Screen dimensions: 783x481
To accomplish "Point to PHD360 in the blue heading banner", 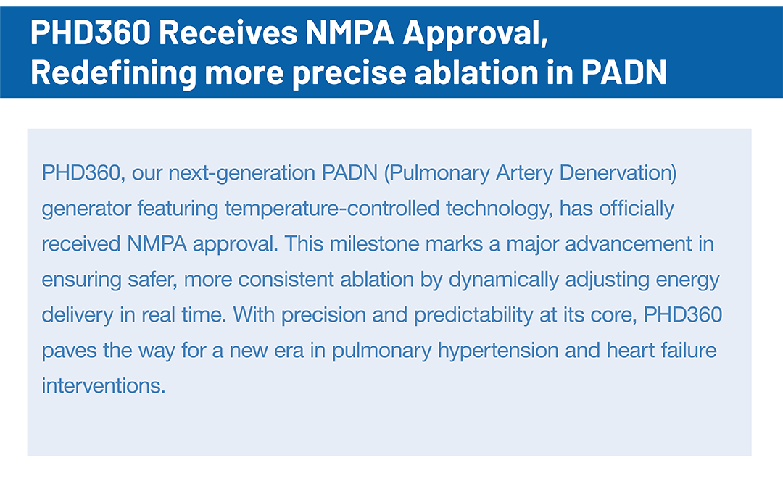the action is pos(91,32).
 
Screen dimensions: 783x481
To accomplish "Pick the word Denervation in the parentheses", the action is pos(618,172).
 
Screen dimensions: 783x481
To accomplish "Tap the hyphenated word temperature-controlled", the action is pos(332,209).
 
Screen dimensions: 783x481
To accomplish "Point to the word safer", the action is pos(152,280).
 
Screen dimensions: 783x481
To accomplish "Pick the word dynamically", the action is pos(503,280).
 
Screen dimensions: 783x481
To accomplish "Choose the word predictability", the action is pos(473,315).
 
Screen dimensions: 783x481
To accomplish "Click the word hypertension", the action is pos(498,351).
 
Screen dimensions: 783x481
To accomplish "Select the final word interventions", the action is pos(104,386).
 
